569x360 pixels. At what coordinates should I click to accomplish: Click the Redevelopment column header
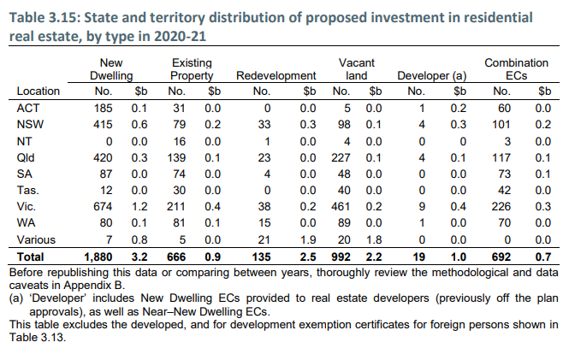click(276, 76)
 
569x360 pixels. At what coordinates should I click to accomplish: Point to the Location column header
click(39, 91)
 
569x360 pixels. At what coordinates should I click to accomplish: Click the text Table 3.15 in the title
click(43, 17)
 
